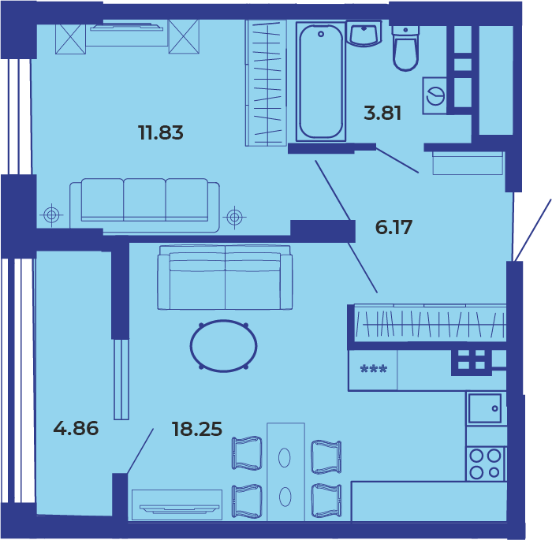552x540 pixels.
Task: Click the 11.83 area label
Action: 161,133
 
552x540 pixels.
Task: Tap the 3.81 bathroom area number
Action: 382,114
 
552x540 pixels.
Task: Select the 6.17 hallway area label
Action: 393,227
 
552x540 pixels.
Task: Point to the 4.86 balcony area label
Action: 76,428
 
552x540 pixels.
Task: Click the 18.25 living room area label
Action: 197,429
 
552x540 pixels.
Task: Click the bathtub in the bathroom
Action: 321,82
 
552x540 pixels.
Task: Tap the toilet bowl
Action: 405,48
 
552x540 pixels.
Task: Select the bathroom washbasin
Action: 364,33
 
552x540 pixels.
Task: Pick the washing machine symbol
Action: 435,95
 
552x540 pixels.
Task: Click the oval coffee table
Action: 223,346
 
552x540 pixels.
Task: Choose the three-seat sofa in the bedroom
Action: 144,205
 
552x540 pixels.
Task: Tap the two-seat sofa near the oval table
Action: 225,277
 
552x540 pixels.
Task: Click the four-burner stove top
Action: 486,464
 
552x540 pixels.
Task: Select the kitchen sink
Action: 484,408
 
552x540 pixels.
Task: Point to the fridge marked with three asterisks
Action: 373,370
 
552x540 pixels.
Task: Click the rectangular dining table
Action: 285,471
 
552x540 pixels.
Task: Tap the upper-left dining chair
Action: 247,453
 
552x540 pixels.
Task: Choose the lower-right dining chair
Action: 326,501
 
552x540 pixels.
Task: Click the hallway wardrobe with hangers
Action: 431,323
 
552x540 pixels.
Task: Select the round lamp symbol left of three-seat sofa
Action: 51,214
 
